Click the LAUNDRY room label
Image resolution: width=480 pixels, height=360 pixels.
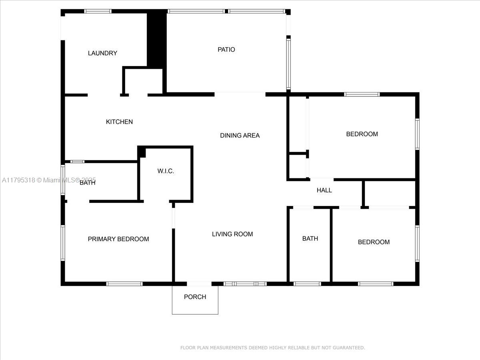click(102, 53)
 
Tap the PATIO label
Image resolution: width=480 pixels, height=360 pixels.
click(226, 50)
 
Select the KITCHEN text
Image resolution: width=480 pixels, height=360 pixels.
click(119, 122)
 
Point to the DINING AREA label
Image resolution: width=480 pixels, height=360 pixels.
click(240, 136)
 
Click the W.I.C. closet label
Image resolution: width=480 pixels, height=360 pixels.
click(166, 171)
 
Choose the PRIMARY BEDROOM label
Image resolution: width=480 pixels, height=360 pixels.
click(118, 239)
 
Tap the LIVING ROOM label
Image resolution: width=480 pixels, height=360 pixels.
click(232, 234)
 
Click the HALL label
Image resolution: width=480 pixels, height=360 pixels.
click(324, 190)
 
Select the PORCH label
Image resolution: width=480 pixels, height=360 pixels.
click(195, 297)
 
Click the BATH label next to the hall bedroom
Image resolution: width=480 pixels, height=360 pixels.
click(310, 238)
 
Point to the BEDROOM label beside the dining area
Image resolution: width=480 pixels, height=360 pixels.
click(362, 134)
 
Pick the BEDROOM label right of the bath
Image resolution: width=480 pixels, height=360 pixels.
click(374, 242)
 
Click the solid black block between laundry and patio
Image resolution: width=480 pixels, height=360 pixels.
click(156, 39)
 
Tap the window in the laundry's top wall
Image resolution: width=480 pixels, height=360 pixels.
click(98, 11)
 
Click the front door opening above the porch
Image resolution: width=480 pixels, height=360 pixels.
click(199, 284)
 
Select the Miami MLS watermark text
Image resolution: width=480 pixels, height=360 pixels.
click(49, 180)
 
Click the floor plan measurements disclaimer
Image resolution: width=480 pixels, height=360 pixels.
click(272, 348)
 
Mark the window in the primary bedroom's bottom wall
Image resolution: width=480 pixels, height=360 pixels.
click(124, 284)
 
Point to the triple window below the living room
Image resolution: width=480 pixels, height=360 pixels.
click(245, 284)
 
